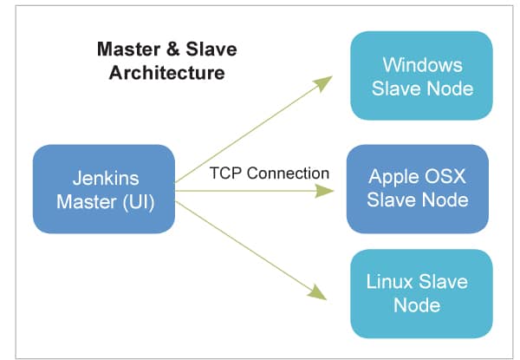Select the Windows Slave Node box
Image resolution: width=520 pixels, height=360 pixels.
coord(421,75)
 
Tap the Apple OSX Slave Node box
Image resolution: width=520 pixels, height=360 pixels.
coord(417,188)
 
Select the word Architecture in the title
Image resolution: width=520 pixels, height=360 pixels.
coord(167,72)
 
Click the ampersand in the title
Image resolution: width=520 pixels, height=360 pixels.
coord(156,49)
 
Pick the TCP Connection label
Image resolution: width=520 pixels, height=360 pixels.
coord(270,173)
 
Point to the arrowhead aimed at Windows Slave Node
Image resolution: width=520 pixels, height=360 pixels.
coord(323,82)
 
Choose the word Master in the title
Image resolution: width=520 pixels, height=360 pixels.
coord(121,49)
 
